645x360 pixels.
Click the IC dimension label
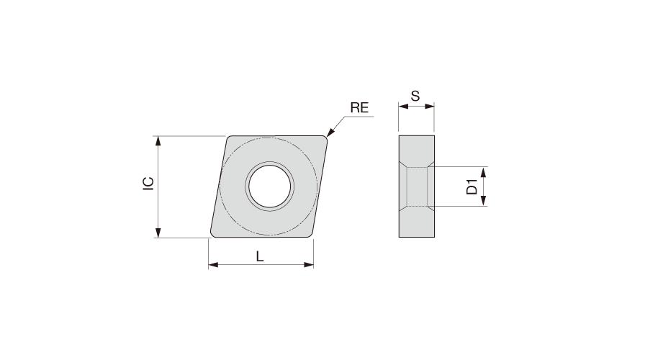click(x=148, y=184)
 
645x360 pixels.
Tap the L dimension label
click(x=260, y=257)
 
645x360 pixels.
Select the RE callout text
click(x=359, y=108)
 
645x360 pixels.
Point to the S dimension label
click(x=415, y=96)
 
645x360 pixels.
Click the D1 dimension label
click(x=472, y=186)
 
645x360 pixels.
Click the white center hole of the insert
click(x=270, y=186)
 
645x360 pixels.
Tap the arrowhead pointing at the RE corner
click(x=330, y=132)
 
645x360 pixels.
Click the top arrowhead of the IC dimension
click(x=158, y=140)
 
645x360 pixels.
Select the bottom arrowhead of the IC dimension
click(x=158, y=233)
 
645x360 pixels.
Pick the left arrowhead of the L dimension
click(x=213, y=265)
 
